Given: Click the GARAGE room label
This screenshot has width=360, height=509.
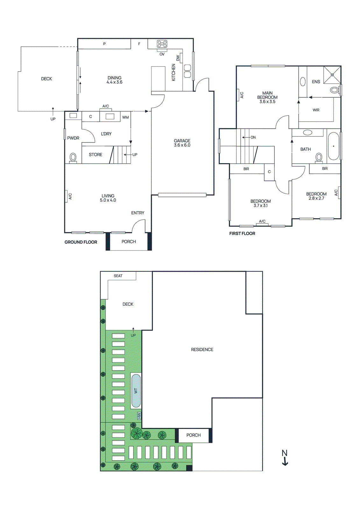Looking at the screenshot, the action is [x=182, y=141].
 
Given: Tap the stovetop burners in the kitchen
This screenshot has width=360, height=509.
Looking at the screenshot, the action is [x=162, y=44].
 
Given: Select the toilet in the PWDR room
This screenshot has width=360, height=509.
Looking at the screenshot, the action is [x=73, y=157].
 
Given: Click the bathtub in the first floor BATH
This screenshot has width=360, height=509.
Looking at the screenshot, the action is [x=333, y=146].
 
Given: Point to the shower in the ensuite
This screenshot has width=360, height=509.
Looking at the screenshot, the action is [x=332, y=74].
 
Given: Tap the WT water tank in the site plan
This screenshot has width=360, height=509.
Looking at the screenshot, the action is [x=136, y=391].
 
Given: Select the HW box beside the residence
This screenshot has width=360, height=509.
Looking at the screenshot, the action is [x=139, y=415].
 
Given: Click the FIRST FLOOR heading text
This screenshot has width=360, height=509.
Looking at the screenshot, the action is [x=242, y=234].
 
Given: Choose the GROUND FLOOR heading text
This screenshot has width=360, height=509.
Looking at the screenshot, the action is [x=81, y=242].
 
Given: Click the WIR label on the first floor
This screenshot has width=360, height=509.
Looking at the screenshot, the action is [x=316, y=110].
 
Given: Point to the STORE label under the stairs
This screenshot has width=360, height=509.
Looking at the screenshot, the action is [x=95, y=155].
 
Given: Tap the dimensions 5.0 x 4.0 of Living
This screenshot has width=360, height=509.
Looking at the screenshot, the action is [x=108, y=200].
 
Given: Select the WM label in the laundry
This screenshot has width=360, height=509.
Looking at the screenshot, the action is [x=125, y=117].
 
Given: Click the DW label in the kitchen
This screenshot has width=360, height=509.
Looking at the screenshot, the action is [x=178, y=58].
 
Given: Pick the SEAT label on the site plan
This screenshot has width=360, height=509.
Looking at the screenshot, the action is [x=118, y=276].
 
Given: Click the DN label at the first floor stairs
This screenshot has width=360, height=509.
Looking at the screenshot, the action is [x=253, y=137].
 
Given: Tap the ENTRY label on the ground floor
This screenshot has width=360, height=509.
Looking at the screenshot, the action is [x=138, y=213].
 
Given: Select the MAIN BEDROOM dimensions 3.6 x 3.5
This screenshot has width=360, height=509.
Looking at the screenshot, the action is [x=267, y=101].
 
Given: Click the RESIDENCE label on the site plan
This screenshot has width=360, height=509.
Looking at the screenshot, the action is [x=202, y=350].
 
